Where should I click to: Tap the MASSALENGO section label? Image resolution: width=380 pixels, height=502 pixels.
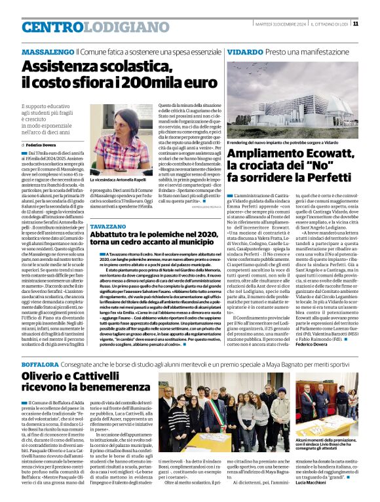pos(47,51)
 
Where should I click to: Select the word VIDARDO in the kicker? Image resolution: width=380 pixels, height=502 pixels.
pos(245,51)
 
